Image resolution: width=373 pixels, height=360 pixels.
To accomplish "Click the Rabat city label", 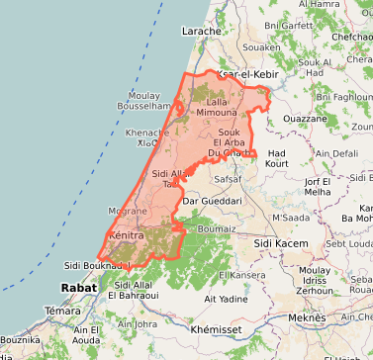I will tap(79, 288).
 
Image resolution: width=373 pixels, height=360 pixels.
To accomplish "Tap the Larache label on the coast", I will tap(201, 32).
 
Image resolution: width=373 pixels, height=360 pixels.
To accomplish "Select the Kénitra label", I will tap(126, 237).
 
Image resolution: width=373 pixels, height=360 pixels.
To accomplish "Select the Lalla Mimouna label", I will tap(216, 108).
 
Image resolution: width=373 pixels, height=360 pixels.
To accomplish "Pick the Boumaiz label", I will tap(217, 228).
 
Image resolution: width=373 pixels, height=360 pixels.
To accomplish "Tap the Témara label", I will tap(61, 311).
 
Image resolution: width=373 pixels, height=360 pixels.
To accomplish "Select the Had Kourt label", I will tap(277, 157).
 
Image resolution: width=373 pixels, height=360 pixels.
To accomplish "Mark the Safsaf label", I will tap(227, 180).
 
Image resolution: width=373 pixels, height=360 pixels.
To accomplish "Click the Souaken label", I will tap(262, 46).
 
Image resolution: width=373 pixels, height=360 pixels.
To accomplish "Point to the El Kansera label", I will tap(241, 274).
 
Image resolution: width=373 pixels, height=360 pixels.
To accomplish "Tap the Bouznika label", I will tap(21, 339).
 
